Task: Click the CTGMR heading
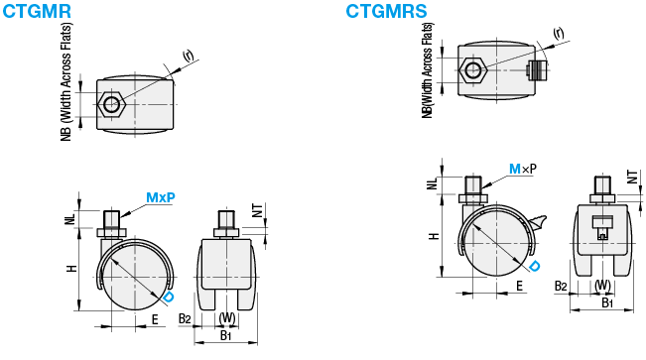(x=37, y=11)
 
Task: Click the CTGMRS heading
(x=386, y=11)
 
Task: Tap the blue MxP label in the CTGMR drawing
(x=161, y=197)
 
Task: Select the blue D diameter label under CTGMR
(x=169, y=298)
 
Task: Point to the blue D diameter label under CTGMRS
(x=534, y=267)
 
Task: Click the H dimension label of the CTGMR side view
(x=72, y=269)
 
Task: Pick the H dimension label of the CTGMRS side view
(x=434, y=236)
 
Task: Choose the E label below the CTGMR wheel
(x=155, y=319)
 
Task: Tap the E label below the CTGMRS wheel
(x=520, y=286)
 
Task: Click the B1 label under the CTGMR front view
(x=226, y=335)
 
